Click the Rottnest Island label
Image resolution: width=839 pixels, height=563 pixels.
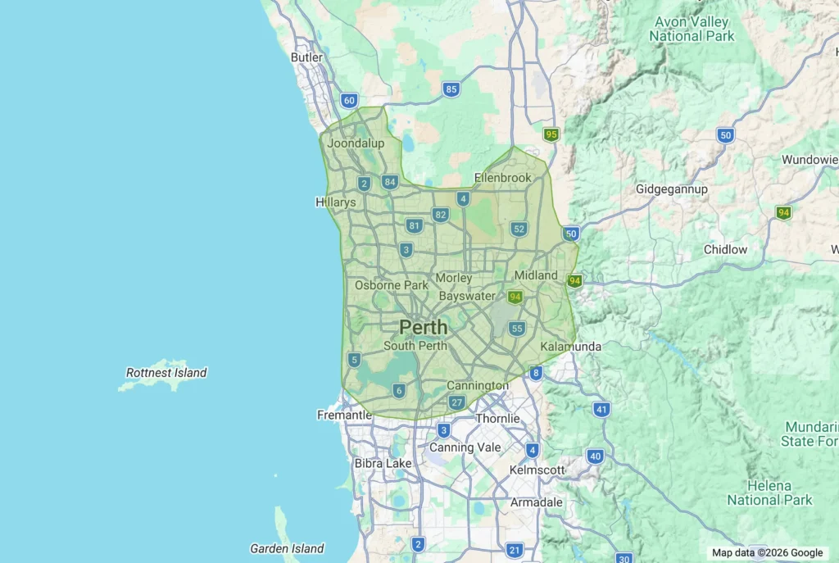(166, 373)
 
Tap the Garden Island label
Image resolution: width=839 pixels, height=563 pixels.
(287, 548)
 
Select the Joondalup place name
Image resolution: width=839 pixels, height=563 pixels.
(356, 143)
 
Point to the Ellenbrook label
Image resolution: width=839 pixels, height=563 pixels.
(503, 178)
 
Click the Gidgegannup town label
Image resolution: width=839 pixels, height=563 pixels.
(672, 189)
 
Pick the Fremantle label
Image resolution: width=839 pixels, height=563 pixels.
(344, 415)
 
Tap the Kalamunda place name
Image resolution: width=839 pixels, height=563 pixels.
(571, 347)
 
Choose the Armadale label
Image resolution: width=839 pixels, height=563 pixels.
(537, 502)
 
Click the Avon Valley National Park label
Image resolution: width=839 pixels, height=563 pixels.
(692, 29)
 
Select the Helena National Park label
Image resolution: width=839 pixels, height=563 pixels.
(769, 493)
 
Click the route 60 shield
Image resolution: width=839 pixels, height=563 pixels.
(350, 101)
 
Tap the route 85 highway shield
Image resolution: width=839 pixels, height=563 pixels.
(451, 89)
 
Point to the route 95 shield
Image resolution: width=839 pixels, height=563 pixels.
(551, 134)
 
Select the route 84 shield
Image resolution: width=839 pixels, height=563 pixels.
(390, 182)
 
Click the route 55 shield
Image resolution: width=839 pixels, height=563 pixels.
(516, 329)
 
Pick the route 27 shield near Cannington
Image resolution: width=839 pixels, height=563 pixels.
(457, 402)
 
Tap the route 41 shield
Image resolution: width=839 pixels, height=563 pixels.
(602, 409)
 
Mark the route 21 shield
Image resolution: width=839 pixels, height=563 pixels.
(515, 550)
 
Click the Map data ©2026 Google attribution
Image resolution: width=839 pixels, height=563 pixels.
(767, 553)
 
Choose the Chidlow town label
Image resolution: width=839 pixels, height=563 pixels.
(725, 249)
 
